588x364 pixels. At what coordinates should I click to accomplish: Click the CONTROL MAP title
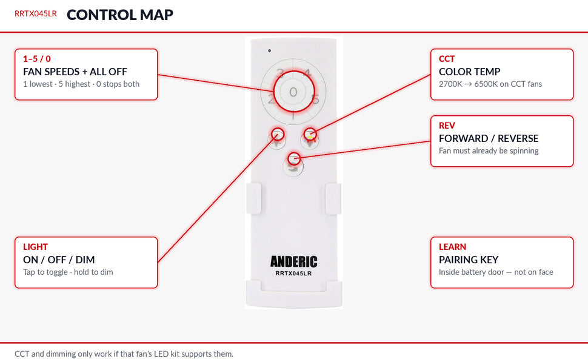pyautogui.click(x=119, y=15)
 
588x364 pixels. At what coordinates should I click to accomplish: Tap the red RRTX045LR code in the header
pyautogui.click(x=36, y=13)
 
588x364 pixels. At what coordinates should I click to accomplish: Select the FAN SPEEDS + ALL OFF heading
pyautogui.click(x=75, y=72)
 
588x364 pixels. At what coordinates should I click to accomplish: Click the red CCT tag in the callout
pyautogui.click(x=447, y=59)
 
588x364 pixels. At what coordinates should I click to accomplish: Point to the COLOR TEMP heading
pyautogui.click(x=470, y=72)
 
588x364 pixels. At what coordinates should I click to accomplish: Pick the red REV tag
pyautogui.click(x=447, y=126)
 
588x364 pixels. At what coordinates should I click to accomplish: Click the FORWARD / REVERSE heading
pyautogui.click(x=489, y=138)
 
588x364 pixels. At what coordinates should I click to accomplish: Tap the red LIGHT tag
pyautogui.click(x=35, y=247)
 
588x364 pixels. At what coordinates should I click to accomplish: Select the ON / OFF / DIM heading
pyautogui.click(x=59, y=260)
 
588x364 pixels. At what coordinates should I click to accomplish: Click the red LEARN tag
pyautogui.click(x=453, y=247)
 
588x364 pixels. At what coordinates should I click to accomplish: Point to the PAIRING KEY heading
pyautogui.click(x=469, y=260)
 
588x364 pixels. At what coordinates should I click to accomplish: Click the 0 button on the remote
pyautogui.click(x=293, y=92)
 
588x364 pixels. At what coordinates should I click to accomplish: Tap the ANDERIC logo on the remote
pyautogui.click(x=293, y=261)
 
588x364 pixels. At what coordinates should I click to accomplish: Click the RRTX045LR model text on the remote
pyautogui.click(x=293, y=273)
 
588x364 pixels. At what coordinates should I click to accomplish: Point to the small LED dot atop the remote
pyautogui.click(x=270, y=51)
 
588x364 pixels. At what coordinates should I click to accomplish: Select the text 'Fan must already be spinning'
pyautogui.click(x=489, y=151)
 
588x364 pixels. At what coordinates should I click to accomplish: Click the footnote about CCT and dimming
pyautogui.click(x=124, y=354)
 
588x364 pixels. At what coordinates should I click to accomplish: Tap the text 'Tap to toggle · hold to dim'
pyautogui.click(x=68, y=272)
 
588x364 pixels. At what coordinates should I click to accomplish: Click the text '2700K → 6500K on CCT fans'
pyautogui.click(x=490, y=84)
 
